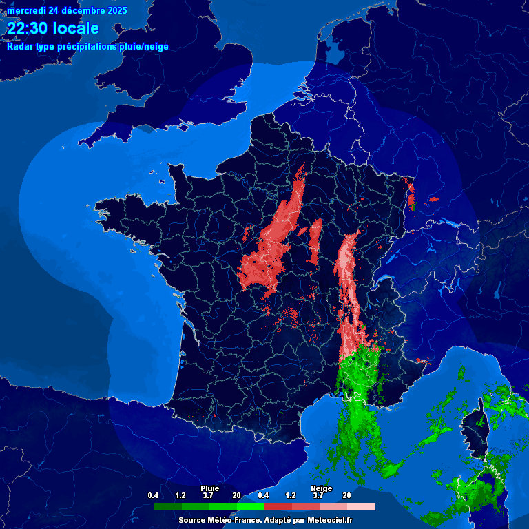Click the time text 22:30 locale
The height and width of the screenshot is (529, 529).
pyautogui.click(x=53, y=28)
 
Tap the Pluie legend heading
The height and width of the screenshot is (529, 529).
pyautogui.click(x=209, y=488)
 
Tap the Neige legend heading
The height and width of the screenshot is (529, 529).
pyautogui.click(x=321, y=488)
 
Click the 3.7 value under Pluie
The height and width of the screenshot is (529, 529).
pyautogui.click(x=208, y=495)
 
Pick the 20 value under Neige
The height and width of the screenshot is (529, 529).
pyautogui.click(x=346, y=495)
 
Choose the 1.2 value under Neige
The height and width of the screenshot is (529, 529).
pyautogui.click(x=291, y=495)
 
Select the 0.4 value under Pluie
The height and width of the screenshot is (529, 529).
pyautogui.click(x=153, y=495)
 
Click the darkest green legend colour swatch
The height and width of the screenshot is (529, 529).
pyautogui.click(x=167, y=506)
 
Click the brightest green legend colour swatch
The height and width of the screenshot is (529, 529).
pyautogui.click(x=251, y=506)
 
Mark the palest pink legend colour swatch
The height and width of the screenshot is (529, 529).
pyautogui.click(x=362, y=506)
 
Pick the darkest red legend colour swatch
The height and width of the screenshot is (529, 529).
pyautogui.click(x=278, y=506)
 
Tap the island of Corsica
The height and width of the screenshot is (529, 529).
pyautogui.click(x=474, y=431)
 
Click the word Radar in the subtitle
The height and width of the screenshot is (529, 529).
pyautogui.click(x=19, y=47)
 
